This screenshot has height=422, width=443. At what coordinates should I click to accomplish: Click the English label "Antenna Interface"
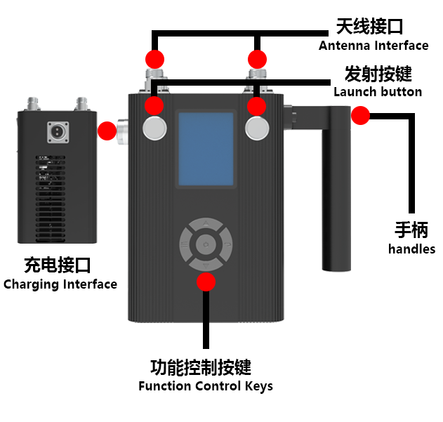(x=373, y=46)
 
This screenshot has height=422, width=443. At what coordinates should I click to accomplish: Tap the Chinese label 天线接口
(x=369, y=27)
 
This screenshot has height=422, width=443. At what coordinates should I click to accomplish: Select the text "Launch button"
(x=378, y=92)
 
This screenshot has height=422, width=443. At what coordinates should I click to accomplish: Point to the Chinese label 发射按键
(x=378, y=74)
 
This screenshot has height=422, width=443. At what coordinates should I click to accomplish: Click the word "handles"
(x=411, y=249)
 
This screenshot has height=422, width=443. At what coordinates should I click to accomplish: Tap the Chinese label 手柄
(x=411, y=230)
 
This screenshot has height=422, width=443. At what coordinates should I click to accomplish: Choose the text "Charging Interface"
(x=60, y=284)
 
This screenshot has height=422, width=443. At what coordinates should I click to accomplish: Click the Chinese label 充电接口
(x=58, y=265)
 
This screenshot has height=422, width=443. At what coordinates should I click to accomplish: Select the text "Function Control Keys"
(x=206, y=386)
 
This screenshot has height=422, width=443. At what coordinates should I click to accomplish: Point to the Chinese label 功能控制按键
(x=201, y=367)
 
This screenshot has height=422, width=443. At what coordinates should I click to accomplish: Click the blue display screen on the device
(x=206, y=148)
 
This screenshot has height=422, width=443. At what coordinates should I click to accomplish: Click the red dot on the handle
(x=360, y=116)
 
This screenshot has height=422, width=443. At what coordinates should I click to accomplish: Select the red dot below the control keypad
(x=206, y=282)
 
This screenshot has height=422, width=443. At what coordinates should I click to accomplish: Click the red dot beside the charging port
(x=107, y=130)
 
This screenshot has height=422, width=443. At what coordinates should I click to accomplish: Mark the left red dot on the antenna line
(x=154, y=58)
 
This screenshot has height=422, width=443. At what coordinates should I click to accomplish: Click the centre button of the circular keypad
(x=206, y=244)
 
